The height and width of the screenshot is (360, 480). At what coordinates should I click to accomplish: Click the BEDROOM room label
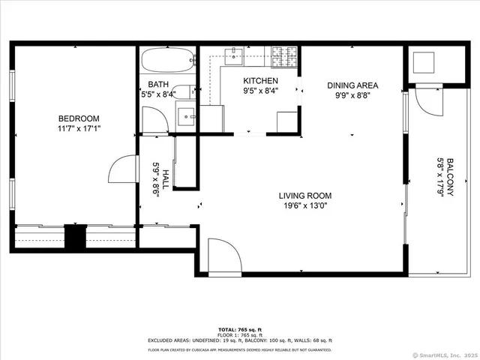[79, 118]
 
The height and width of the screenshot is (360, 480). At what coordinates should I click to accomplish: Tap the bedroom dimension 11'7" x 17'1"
[79, 128]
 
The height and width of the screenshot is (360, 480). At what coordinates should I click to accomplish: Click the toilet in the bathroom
[181, 92]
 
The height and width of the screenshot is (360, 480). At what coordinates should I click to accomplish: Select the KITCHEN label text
[260, 81]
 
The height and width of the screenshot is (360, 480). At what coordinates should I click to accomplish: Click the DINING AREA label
[352, 85]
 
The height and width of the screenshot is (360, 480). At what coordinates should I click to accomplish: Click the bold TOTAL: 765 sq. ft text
[240, 329]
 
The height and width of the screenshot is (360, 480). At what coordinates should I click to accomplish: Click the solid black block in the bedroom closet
[75, 238]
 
